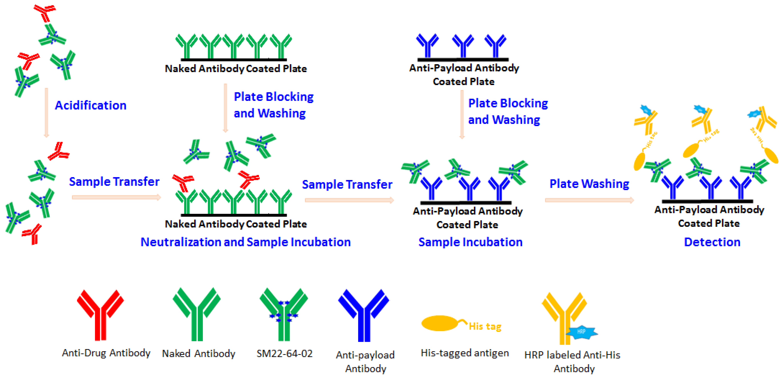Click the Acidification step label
click(x=90, y=105)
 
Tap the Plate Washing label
click(x=589, y=184)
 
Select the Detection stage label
click(x=712, y=242)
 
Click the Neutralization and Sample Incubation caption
click(x=245, y=242)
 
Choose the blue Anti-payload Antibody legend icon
click(x=364, y=315)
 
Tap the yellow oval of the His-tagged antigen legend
click(x=439, y=323)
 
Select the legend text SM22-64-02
click(x=284, y=354)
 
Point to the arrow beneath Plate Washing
click(x=589, y=200)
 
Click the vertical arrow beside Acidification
click(x=46, y=113)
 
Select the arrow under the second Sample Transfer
click(x=349, y=200)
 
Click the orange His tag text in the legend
click(x=485, y=326)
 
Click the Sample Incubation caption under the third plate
click(x=470, y=242)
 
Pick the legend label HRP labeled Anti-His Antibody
click(x=572, y=362)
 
